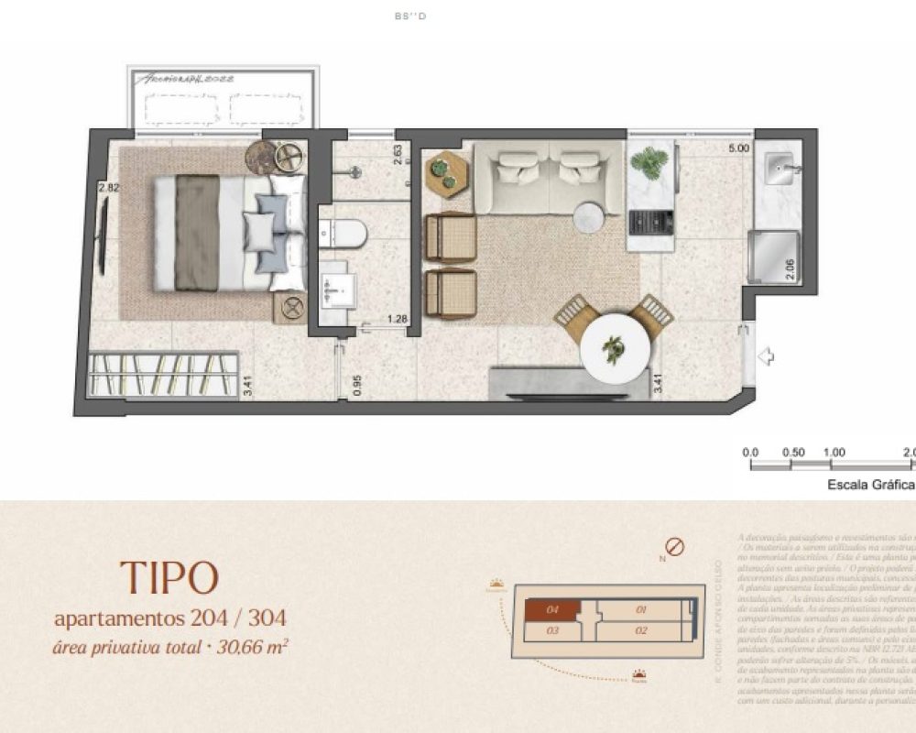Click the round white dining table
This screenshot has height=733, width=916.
[x=615, y=349]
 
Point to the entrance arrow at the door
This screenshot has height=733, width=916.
[x=767, y=356]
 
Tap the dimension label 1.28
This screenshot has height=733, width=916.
[x=397, y=319]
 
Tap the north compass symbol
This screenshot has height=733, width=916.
[x=675, y=548]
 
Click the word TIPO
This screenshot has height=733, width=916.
[x=169, y=578]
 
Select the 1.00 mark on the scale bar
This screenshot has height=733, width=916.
[x=834, y=453]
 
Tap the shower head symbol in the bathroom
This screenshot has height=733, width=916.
[x=357, y=171]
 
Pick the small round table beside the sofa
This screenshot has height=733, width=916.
[x=588, y=217]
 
